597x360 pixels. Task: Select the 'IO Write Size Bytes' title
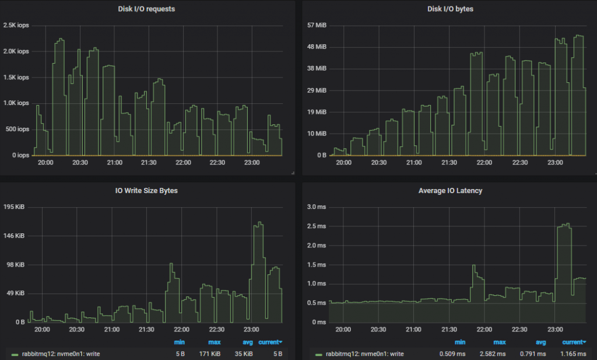coord(146,191)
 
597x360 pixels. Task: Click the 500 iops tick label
coord(16,129)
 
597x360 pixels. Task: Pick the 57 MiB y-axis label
coord(315,25)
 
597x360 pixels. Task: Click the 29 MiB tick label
coord(315,90)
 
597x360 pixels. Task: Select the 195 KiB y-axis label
coord(15,207)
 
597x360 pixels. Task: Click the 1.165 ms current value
coord(574,354)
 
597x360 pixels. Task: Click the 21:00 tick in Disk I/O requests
coord(114,162)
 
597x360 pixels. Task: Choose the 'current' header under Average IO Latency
coord(574,342)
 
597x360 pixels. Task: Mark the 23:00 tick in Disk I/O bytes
coord(555,162)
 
